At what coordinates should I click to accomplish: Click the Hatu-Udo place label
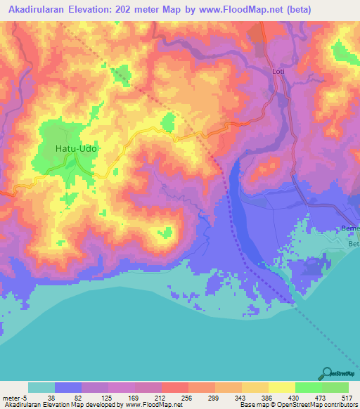75,149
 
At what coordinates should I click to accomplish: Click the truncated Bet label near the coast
353,244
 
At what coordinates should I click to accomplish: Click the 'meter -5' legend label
15,398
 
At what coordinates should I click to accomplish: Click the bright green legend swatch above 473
309,387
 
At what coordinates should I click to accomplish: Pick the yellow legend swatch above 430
282,387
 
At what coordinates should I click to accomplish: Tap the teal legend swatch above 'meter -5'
41,387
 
